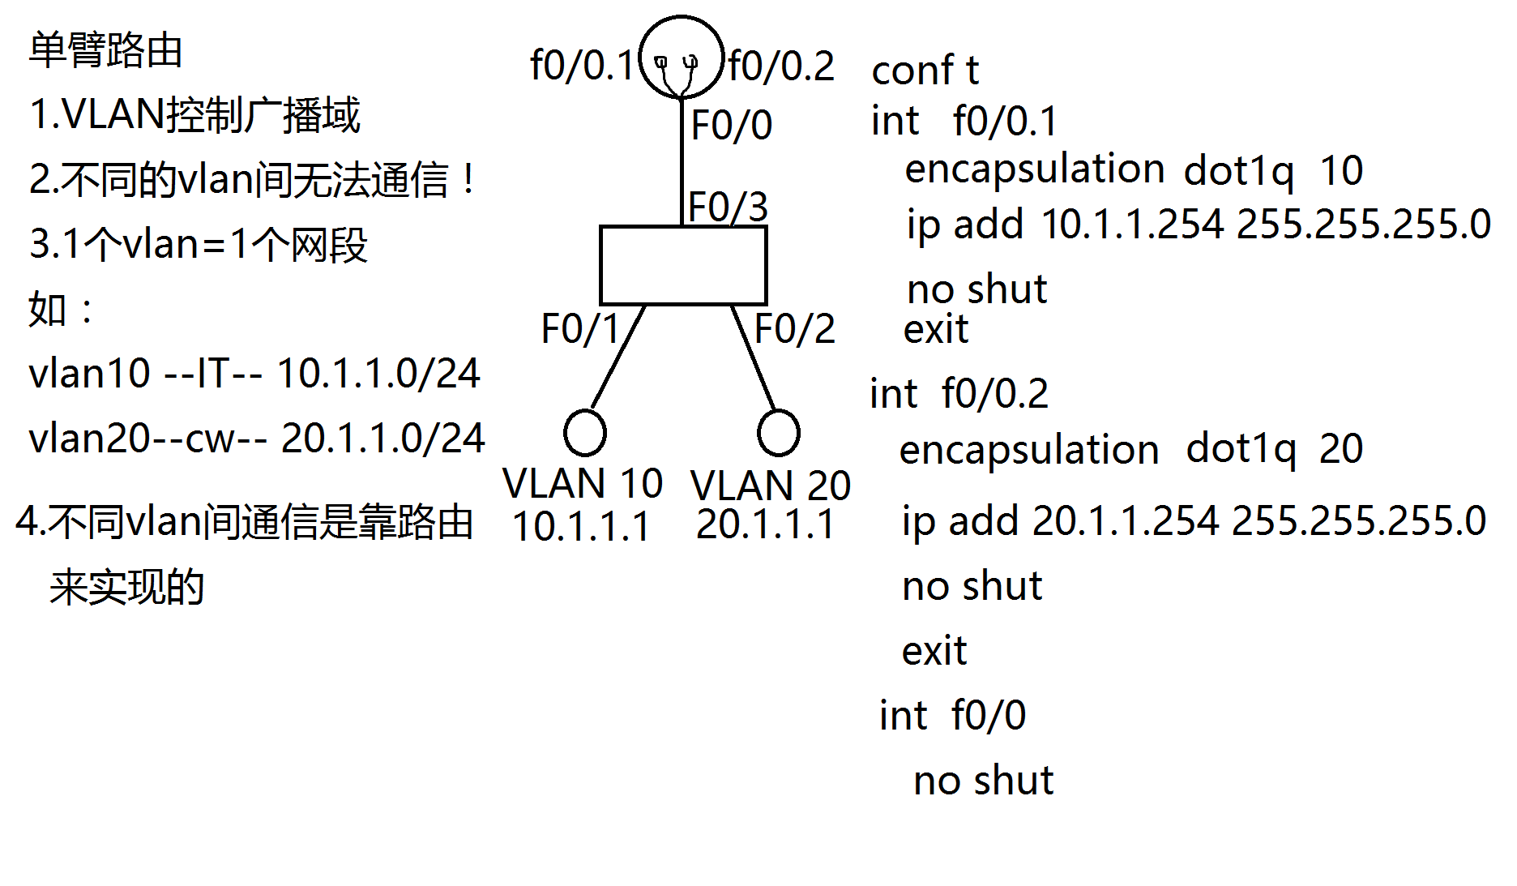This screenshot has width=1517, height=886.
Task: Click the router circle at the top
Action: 681,57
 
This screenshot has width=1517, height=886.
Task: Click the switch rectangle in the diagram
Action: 683,265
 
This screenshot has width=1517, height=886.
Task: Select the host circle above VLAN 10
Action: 584,432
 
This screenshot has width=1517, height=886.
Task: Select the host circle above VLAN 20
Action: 778,432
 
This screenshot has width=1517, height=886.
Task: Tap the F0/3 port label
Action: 728,207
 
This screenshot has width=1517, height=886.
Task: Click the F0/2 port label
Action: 794,329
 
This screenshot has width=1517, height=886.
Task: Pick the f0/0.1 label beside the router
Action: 581,66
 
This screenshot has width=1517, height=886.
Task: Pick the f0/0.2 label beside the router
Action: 781,66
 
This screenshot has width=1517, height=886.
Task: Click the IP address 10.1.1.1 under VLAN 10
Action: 581,526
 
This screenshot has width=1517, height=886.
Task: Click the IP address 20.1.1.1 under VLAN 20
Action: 765,524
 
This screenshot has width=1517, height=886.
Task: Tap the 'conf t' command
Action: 925,71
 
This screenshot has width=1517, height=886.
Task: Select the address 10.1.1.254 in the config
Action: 1132,224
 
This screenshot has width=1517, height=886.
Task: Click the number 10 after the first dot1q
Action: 1341,171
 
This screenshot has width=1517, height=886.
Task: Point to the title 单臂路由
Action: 105,50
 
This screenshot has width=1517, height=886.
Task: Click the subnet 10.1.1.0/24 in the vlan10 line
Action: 378,374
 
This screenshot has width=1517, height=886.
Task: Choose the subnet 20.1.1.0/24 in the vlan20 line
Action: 382,439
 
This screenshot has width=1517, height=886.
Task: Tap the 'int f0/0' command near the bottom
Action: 952,716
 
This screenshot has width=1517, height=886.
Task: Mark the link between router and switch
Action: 682,162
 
